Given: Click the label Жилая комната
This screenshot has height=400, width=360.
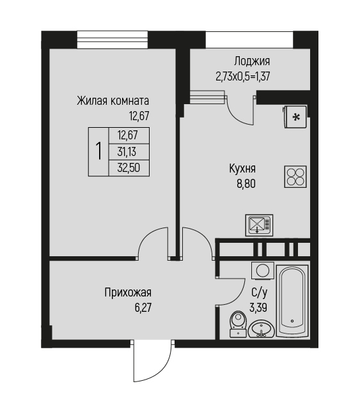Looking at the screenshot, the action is click(x=113, y=101).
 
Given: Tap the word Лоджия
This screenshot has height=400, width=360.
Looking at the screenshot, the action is click(x=252, y=61).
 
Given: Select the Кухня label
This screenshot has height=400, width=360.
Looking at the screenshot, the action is click(x=242, y=169).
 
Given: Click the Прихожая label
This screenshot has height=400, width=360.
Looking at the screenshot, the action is click(x=128, y=293).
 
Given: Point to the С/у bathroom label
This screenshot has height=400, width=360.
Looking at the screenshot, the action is click(x=259, y=293).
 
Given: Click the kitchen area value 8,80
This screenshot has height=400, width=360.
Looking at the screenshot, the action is click(x=246, y=184).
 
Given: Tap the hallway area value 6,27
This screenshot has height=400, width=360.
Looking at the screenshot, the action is click(x=143, y=308).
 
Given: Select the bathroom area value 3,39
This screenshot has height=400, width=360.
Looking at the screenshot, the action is click(x=258, y=308).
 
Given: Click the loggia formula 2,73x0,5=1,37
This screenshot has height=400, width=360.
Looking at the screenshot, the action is click(x=243, y=76).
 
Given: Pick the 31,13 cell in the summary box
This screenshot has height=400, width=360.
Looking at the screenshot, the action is click(x=127, y=152).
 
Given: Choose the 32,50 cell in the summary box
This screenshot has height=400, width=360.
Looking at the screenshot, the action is click(x=129, y=168).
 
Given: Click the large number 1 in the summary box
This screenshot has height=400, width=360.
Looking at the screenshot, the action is click(x=98, y=151).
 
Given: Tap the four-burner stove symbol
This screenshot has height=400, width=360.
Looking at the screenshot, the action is click(x=295, y=177).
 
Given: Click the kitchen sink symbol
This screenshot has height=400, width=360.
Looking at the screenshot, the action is click(x=259, y=225).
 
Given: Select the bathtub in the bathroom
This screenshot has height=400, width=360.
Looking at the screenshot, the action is click(x=292, y=300).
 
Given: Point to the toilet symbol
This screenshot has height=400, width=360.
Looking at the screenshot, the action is click(x=239, y=324).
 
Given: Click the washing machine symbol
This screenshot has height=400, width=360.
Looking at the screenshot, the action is click(x=263, y=270).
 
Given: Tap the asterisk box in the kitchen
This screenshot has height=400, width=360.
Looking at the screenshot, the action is click(x=295, y=117).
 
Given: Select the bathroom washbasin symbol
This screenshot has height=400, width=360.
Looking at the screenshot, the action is click(x=261, y=329).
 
